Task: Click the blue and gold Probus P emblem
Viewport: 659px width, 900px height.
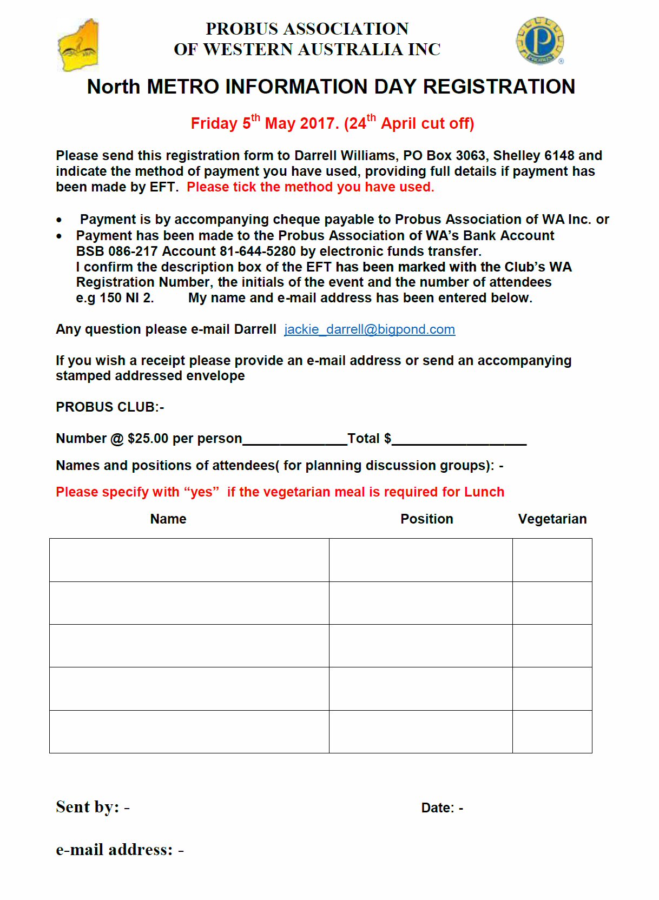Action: click(x=539, y=41)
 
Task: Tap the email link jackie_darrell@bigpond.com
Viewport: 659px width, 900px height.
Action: click(x=370, y=329)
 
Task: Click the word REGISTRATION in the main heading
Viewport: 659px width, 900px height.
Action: click(x=499, y=87)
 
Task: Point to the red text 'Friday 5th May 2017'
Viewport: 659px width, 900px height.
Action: click(x=265, y=124)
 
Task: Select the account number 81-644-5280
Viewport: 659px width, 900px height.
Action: click(x=258, y=252)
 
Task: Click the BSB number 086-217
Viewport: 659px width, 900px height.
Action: click(x=133, y=252)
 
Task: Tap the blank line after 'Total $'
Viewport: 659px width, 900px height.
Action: click(x=459, y=439)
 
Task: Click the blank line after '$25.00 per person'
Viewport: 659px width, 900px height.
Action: click(x=295, y=439)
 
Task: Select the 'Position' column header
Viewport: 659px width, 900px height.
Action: click(x=426, y=519)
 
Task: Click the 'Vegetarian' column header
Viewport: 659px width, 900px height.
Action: click(x=552, y=519)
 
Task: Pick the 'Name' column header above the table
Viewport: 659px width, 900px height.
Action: click(x=168, y=519)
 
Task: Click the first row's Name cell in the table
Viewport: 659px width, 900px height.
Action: click(x=189, y=560)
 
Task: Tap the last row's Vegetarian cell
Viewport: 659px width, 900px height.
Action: click(x=552, y=731)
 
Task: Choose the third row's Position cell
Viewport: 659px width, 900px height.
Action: click(x=420, y=646)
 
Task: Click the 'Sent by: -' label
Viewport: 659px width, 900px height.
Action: click(x=93, y=807)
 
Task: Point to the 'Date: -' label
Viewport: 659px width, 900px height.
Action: click(x=442, y=808)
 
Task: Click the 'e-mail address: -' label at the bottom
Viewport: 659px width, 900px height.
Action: click(x=120, y=850)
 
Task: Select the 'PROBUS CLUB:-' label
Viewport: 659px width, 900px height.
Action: click(x=110, y=407)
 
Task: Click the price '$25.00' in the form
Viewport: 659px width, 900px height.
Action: click(x=148, y=439)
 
